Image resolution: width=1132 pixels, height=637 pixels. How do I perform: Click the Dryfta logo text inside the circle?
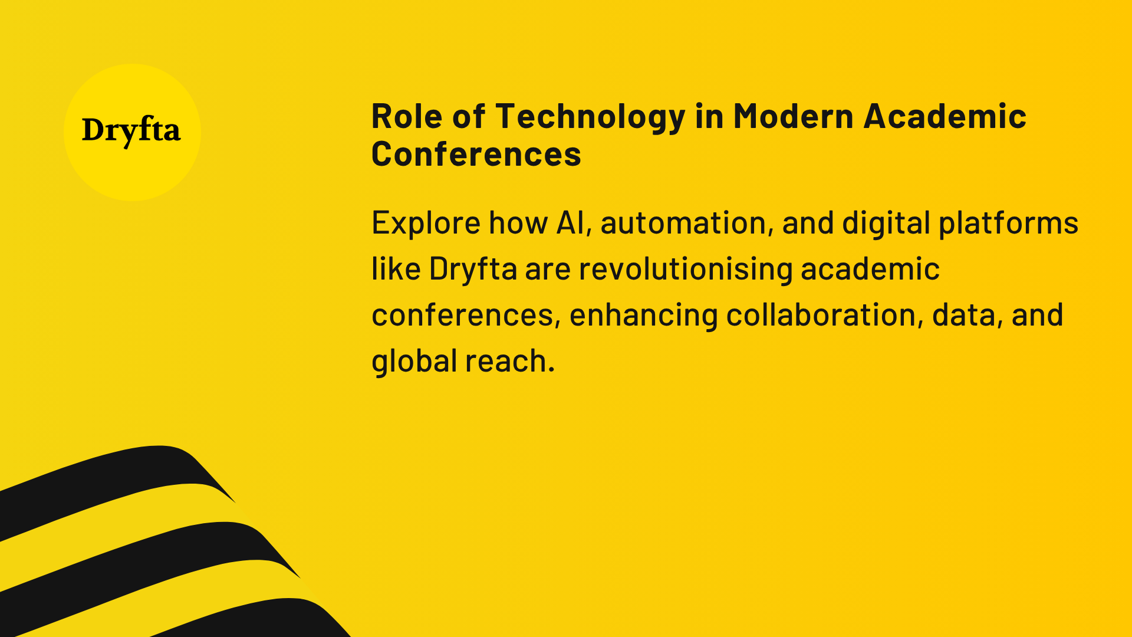(x=131, y=131)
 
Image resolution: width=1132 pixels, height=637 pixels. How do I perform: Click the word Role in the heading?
(x=407, y=116)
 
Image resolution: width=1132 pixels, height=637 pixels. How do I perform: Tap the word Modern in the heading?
(x=793, y=116)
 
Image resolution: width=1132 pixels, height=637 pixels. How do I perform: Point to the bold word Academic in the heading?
(x=945, y=116)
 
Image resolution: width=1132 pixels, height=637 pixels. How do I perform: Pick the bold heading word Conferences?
(x=476, y=154)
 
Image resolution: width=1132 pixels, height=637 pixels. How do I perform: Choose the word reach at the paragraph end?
(x=509, y=361)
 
